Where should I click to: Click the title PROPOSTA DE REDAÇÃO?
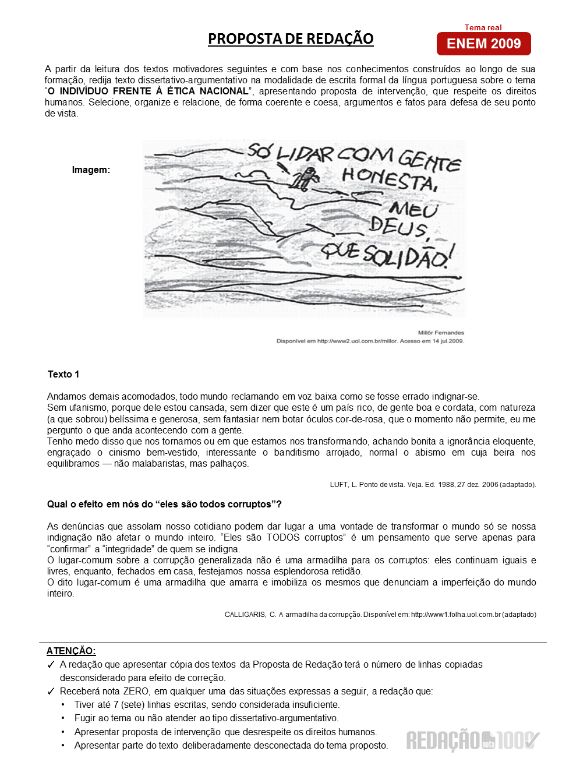coord(291,39)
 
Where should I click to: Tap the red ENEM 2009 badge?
coord(483,44)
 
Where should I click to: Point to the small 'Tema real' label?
coord(483,27)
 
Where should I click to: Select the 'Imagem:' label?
coord(91,170)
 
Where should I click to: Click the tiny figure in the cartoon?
coord(305,178)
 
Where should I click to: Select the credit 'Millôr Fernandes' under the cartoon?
coord(441,333)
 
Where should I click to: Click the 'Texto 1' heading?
coord(63,374)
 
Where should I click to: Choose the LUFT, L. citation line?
coord(433,484)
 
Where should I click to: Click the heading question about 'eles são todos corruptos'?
coord(164,504)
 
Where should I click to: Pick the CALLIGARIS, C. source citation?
coord(380,614)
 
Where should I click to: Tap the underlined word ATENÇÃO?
coord(71,651)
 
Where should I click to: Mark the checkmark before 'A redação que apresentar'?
coord(51,665)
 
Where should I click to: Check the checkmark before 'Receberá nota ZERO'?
coord(51,692)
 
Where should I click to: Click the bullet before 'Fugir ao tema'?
coord(63,718)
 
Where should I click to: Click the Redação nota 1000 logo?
coord(473,740)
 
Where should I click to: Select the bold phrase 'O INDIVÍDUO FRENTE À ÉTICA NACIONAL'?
coord(148,91)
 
